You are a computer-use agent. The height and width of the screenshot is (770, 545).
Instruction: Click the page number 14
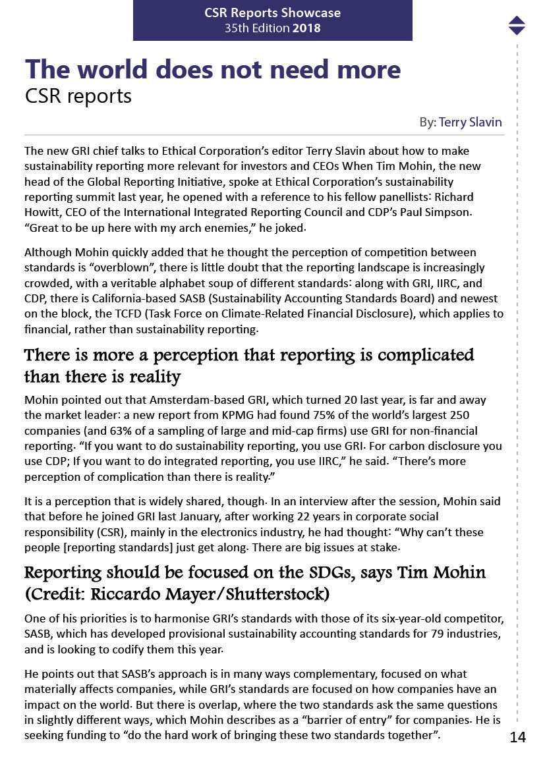coord(517,737)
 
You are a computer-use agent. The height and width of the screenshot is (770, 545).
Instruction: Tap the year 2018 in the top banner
coord(306,28)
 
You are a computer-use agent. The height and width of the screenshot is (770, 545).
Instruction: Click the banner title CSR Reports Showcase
coord(273,13)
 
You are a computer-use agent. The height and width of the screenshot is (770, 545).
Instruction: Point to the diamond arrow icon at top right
coord(517,25)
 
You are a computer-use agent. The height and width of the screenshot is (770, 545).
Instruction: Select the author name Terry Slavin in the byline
coord(470,122)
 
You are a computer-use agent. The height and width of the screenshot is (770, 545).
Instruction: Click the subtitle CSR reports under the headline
coord(78,96)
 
